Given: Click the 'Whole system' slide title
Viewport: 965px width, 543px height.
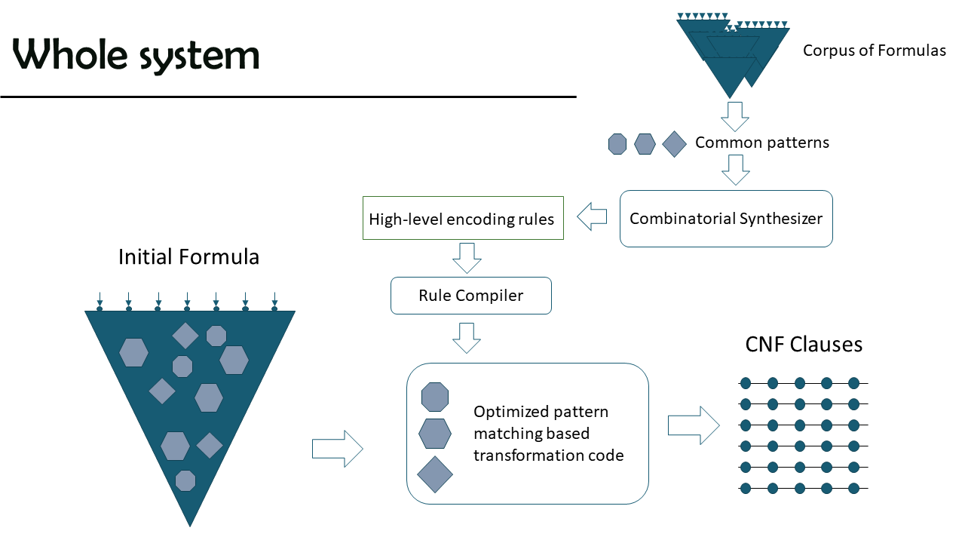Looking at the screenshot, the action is tap(136, 55).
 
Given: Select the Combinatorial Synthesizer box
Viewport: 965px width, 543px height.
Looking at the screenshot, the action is tap(726, 219).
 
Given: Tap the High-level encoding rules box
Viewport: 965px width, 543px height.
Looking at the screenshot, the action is tap(463, 218).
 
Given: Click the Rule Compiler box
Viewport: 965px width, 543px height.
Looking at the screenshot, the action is tap(471, 296).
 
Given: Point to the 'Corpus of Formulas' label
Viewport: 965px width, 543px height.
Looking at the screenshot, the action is tap(874, 51).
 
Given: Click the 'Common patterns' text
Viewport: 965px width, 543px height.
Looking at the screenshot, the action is tap(762, 143).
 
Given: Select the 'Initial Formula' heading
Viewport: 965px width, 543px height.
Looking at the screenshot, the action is tap(188, 257).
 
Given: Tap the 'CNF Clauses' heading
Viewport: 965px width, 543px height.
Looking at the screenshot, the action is tap(804, 345).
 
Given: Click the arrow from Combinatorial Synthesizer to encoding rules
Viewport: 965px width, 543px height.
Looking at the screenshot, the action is tap(592, 216).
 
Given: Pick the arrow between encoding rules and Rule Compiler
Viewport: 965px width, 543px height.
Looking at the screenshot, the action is tap(467, 258).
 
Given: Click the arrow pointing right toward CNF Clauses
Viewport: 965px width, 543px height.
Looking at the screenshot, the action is tap(694, 425).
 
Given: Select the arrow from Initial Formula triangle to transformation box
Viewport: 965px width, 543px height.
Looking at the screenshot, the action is tap(337, 449).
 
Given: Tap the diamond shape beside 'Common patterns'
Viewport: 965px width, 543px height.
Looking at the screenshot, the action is tap(674, 144).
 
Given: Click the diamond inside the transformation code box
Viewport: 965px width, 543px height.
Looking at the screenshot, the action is tap(435, 474).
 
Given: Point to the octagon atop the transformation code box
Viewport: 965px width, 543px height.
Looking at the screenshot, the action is tap(435, 397).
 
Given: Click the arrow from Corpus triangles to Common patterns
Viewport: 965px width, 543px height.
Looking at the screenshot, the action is tap(735, 117).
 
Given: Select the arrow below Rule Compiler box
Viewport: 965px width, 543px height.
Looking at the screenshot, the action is tap(467, 339).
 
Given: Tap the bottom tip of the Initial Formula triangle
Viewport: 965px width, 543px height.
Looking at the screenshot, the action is tap(190, 526).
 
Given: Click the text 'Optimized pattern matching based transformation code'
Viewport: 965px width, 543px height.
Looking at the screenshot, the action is tap(548, 434).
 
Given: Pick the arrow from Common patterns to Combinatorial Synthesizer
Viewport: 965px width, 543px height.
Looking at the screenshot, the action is tap(736, 170).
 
